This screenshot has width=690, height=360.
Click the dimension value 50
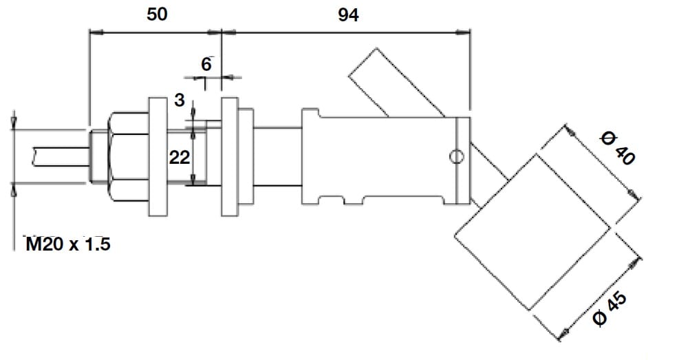[x=158, y=15]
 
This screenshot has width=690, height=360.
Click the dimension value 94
[x=348, y=15]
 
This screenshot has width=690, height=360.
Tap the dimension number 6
[x=206, y=64]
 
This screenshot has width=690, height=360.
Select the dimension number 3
[x=180, y=100]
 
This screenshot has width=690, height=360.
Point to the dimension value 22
[x=180, y=158]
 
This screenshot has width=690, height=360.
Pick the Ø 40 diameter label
[x=616, y=147]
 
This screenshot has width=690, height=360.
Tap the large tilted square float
[x=532, y=231]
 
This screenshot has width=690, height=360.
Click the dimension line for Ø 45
[x=601, y=298]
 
